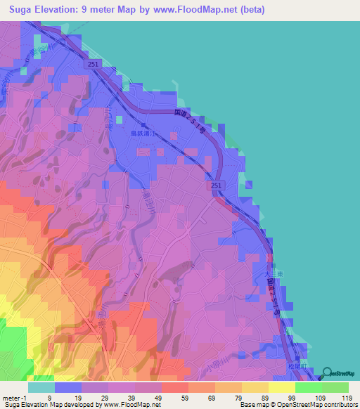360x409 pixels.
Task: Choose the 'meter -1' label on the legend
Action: coord(15,398)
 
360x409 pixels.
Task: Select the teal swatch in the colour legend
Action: coord(41,387)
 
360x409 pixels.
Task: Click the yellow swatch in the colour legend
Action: coord(281,387)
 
